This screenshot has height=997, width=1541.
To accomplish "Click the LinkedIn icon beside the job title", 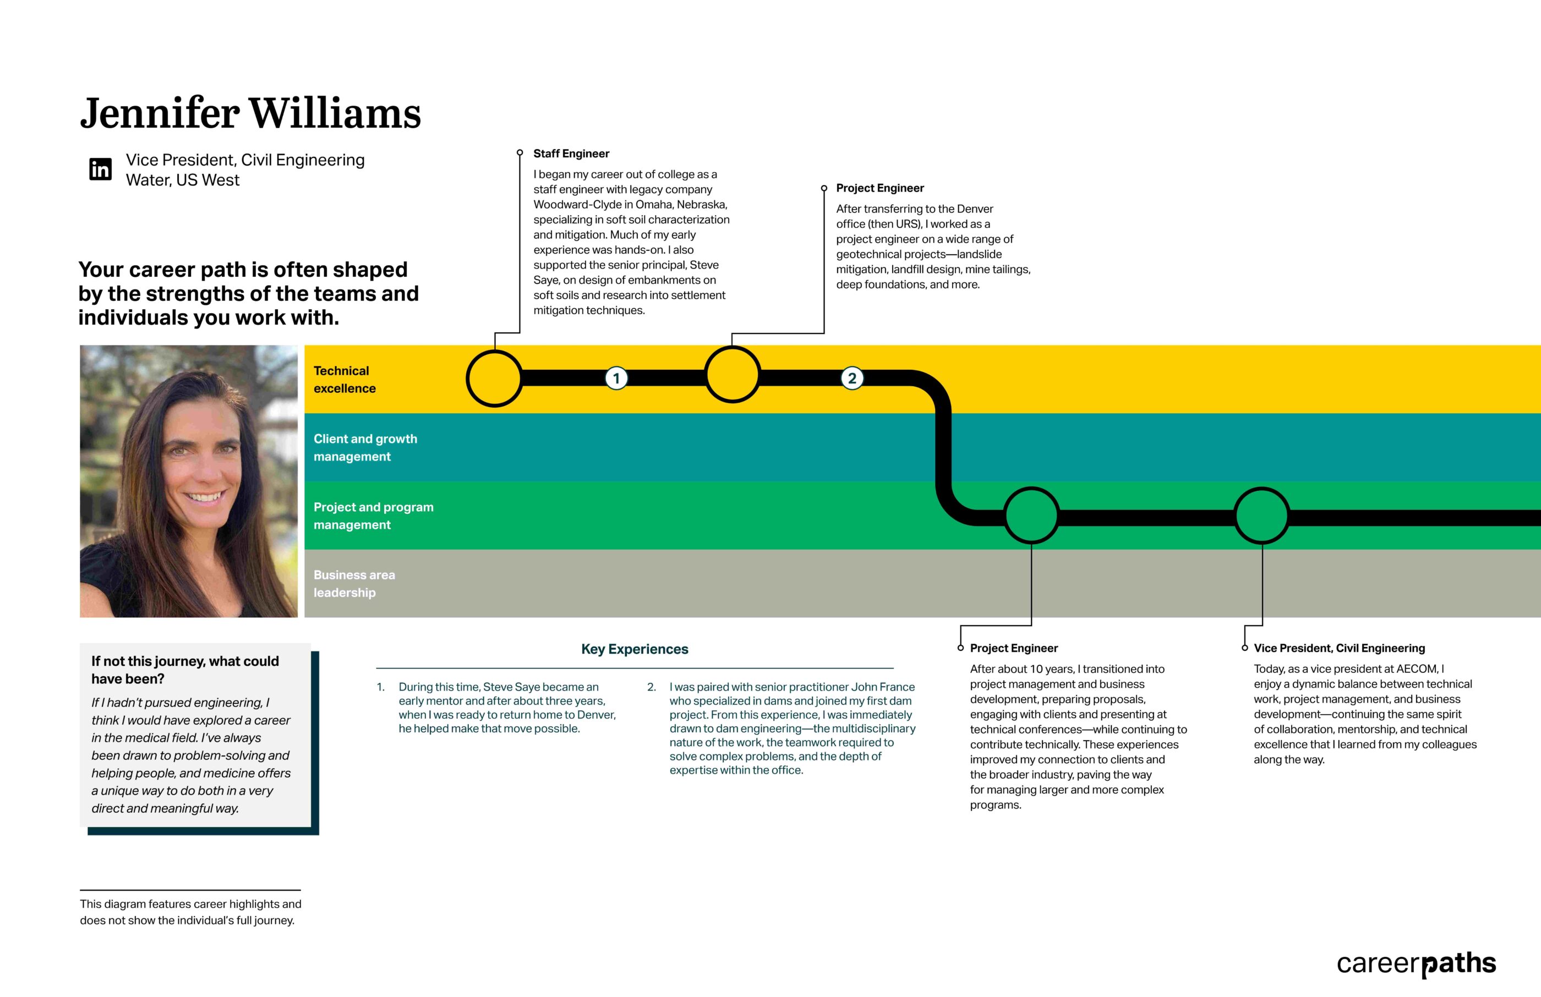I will [100, 169].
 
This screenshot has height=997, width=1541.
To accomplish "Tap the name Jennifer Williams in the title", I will [250, 113].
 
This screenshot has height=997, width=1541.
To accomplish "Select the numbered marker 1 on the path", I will [616, 378].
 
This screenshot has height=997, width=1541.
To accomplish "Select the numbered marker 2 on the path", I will [852, 378].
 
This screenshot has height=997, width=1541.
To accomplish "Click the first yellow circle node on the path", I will [495, 379].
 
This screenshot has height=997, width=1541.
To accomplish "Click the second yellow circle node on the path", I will [733, 375].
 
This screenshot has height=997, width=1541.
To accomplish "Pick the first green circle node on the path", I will [1031, 516].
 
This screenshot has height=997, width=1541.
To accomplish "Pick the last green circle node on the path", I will [1262, 516].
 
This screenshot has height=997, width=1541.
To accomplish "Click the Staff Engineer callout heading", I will [571, 154].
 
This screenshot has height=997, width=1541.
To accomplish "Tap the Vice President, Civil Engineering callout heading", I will [1339, 648].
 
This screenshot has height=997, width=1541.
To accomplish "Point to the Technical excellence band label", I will [345, 380].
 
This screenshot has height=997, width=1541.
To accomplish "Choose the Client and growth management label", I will [365, 447].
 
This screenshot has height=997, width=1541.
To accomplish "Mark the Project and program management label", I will [373, 516].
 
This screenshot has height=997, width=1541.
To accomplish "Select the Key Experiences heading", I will [635, 649].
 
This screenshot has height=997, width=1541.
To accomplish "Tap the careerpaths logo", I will [1416, 964].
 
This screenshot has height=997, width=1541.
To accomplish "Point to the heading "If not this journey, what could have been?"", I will [184, 670].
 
